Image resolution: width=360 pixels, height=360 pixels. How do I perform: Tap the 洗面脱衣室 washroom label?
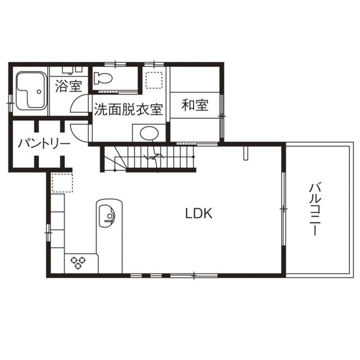point(128,109)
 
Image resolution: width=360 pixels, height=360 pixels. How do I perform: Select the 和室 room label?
point(195,106)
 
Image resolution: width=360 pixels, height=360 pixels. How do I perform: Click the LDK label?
point(199,213)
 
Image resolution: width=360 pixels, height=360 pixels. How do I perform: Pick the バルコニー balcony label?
point(314,209)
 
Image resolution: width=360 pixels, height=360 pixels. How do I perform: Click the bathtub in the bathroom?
point(31,92)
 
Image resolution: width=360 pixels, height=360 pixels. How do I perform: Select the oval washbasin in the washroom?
point(148,133)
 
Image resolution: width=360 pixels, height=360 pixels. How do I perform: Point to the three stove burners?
point(77,261)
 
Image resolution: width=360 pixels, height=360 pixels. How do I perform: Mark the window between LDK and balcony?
point(283,209)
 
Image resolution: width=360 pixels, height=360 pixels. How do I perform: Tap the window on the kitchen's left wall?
point(48,230)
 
